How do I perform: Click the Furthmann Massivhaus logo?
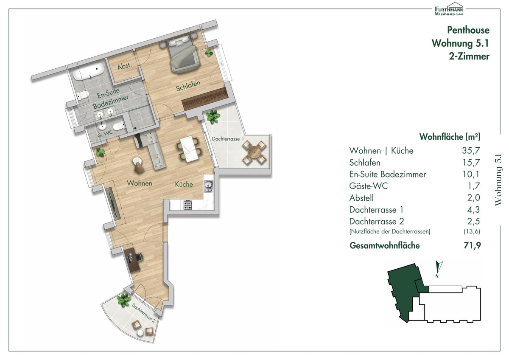pos(449,9)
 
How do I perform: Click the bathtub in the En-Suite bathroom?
pos(89,71)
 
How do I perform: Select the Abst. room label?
pos(125,66)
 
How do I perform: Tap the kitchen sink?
pos(209,186)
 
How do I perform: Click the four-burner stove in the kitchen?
pos(187,205)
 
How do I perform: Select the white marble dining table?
pos(189,149)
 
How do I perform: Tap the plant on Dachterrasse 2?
pos(123,300)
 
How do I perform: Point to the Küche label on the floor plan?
pos(184,184)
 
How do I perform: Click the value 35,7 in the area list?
pos(471,150)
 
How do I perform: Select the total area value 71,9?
pos(473,245)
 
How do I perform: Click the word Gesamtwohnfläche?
pos(384,245)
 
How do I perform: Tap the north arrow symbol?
pos(438,269)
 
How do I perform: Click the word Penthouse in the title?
pos(468,30)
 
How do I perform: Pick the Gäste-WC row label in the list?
pos(368,186)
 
